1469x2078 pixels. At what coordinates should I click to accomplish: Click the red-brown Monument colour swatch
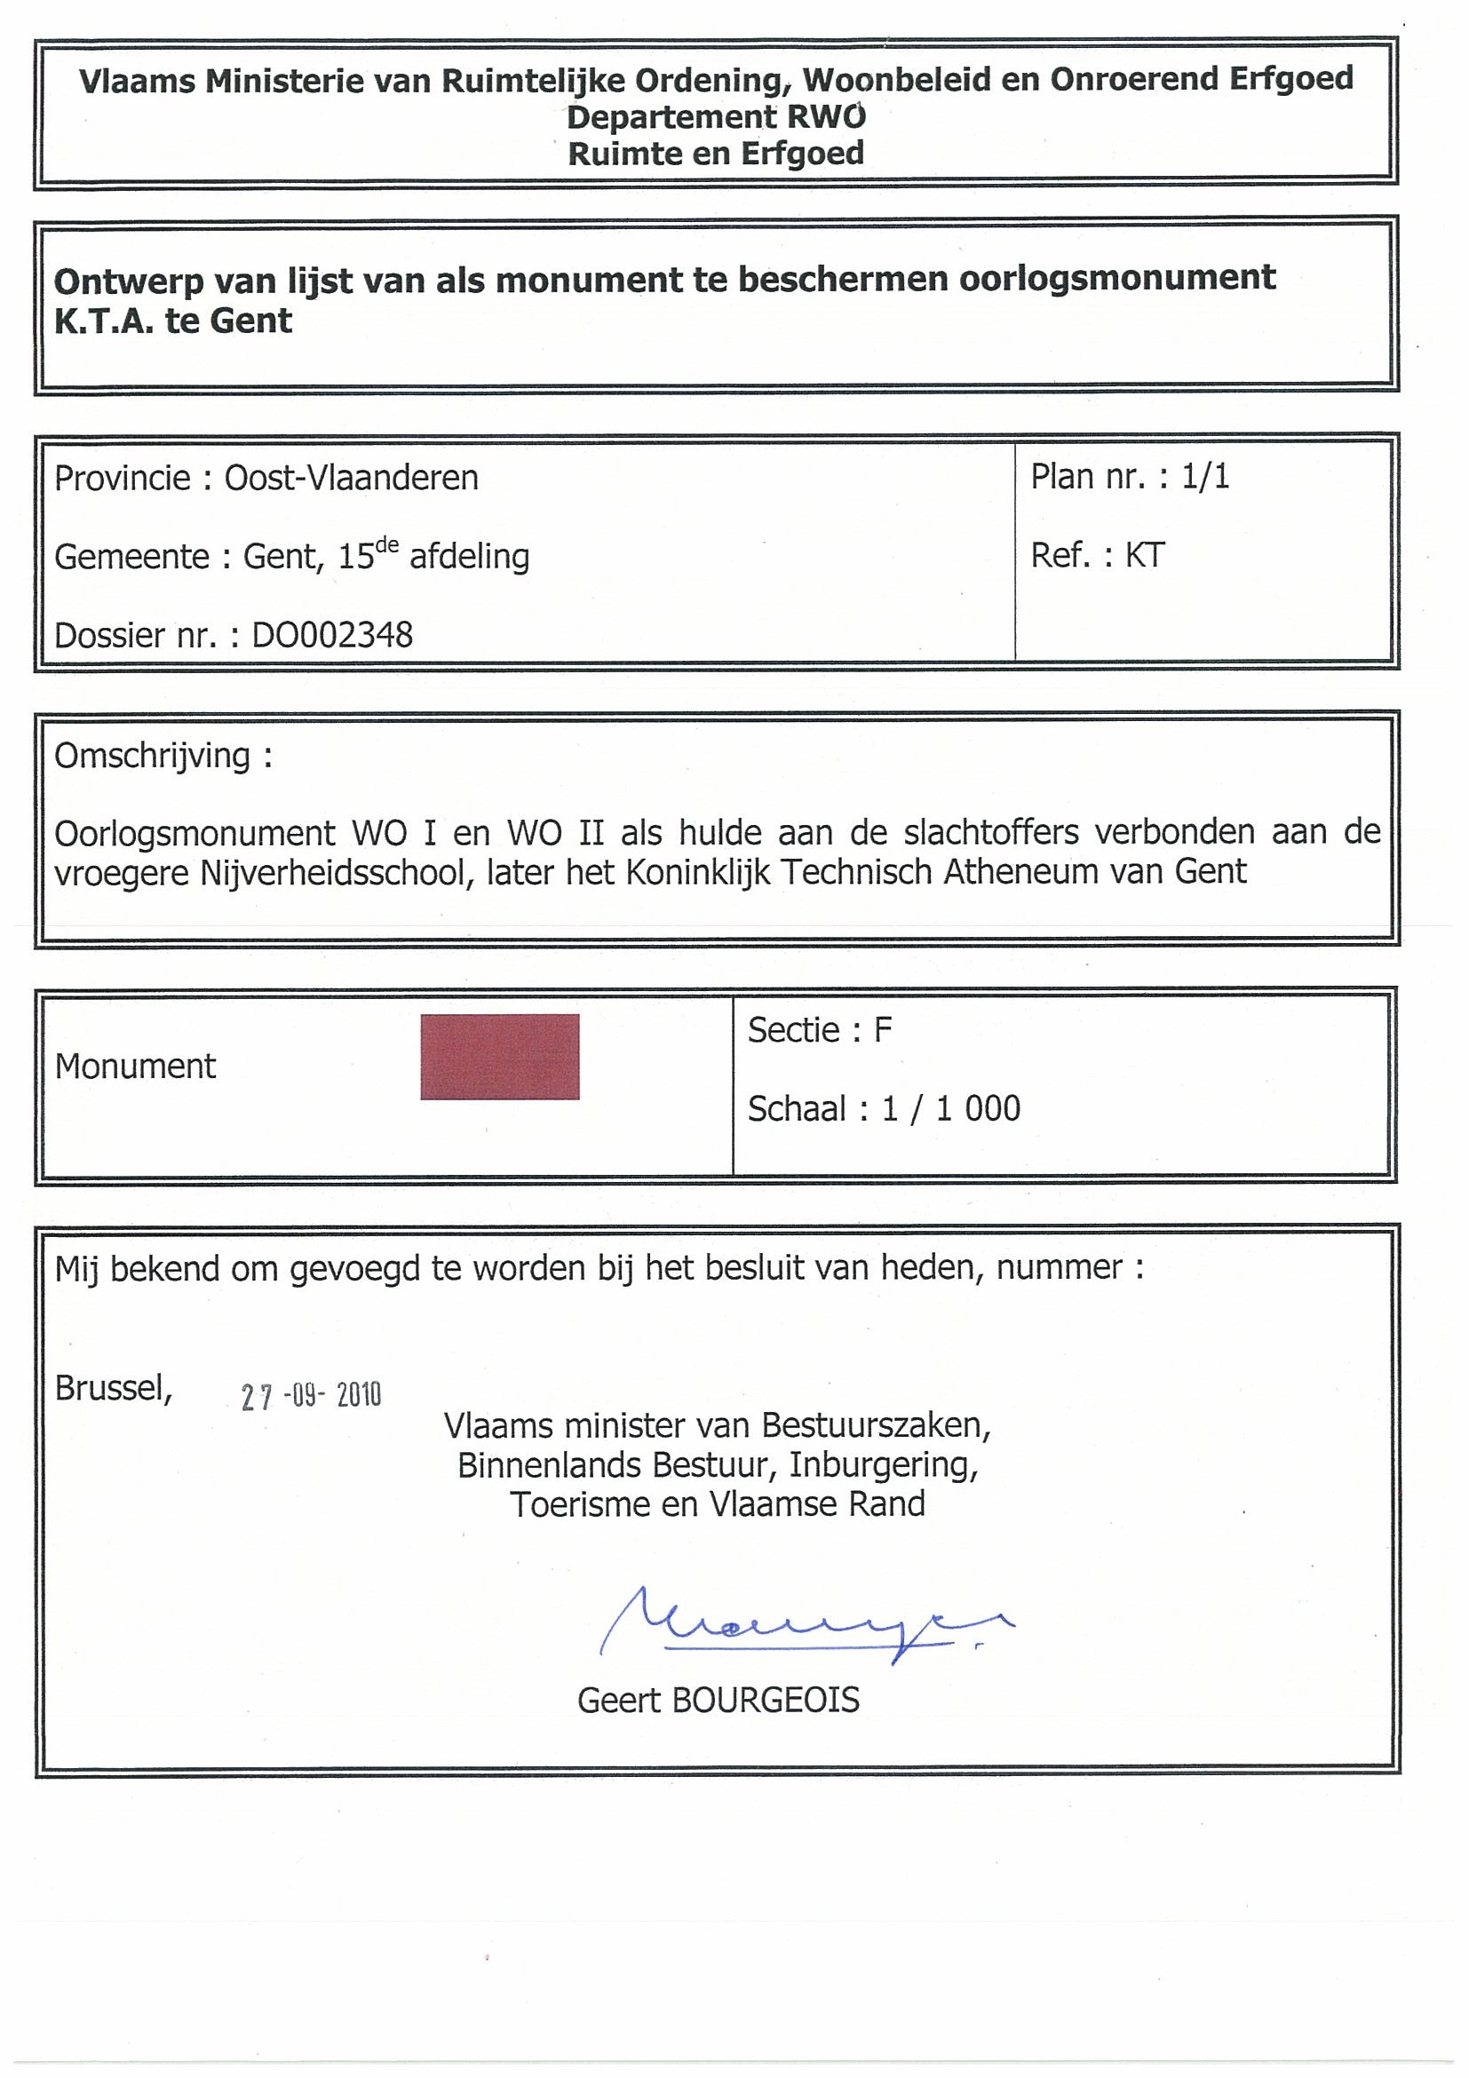click(x=500, y=1056)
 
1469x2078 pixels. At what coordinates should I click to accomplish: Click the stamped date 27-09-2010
click(x=311, y=1396)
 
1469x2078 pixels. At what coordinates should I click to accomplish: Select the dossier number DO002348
click(x=332, y=635)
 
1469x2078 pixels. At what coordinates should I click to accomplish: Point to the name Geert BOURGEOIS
click(x=718, y=1701)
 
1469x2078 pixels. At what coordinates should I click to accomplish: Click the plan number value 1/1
click(x=1205, y=476)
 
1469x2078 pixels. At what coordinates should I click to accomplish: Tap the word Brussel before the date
click(x=112, y=1387)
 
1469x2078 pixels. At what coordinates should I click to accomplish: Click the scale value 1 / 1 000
click(x=950, y=1108)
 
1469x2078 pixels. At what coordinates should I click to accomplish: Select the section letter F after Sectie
click(x=883, y=1030)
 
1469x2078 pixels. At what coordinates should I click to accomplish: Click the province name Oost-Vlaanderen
click(x=351, y=478)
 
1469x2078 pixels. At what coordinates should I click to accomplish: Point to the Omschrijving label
click(x=152, y=756)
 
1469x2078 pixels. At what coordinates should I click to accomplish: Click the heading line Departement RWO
click(x=716, y=116)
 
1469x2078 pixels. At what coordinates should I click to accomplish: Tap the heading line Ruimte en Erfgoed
click(x=716, y=154)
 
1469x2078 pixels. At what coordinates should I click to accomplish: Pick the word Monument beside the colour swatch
click(x=135, y=1067)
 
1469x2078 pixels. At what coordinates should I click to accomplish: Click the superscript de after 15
click(x=386, y=545)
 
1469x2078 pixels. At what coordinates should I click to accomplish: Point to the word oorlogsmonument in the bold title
click(x=1117, y=278)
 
